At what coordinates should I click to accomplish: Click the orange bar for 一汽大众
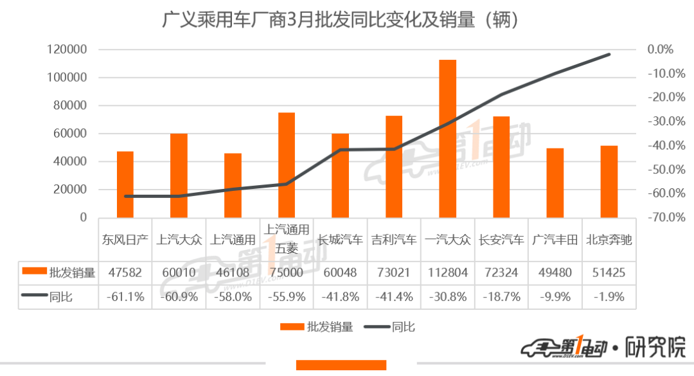point(447,138)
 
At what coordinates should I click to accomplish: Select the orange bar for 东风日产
point(125,184)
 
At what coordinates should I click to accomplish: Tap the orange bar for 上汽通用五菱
point(287,165)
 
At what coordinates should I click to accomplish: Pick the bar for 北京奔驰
point(609,181)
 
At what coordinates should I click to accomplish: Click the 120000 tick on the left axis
point(67,49)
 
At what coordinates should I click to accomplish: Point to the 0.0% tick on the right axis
point(660,49)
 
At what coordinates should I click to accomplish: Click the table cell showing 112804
point(448,273)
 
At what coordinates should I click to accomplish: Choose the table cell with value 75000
point(287,273)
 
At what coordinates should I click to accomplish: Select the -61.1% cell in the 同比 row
point(125,298)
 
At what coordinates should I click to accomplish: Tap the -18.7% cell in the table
point(501,298)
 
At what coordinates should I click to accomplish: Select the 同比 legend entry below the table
point(392,327)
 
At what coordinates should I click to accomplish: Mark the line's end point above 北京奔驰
point(609,55)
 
